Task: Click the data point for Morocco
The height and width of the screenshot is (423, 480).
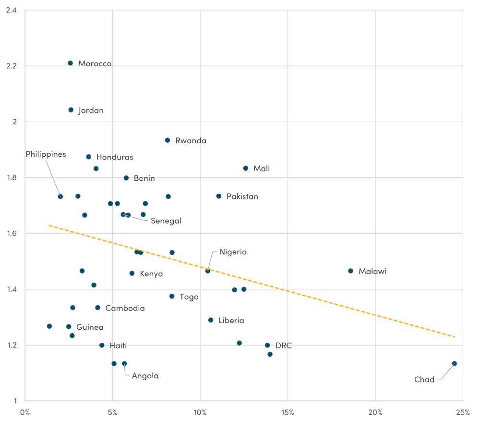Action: click(x=70, y=63)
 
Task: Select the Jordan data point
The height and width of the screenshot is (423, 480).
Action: click(x=71, y=110)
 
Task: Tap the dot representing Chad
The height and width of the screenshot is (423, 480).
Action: click(x=454, y=363)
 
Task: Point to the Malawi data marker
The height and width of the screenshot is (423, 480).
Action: click(x=350, y=271)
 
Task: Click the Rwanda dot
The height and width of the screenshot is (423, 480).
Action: click(x=168, y=140)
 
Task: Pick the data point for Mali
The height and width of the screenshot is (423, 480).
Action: click(x=246, y=168)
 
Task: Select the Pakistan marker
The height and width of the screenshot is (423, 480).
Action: click(x=219, y=196)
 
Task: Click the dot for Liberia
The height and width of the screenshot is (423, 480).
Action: click(x=211, y=320)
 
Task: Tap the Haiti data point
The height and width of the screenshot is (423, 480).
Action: click(x=102, y=345)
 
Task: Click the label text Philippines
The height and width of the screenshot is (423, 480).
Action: click(x=46, y=154)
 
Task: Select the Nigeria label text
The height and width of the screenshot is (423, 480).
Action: click(x=233, y=252)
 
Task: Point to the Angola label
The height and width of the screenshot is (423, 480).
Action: click(x=145, y=376)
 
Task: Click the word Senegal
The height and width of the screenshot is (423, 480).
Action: click(x=166, y=221)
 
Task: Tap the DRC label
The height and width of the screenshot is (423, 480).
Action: click(x=283, y=346)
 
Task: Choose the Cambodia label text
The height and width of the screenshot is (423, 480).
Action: click(x=125, y=308)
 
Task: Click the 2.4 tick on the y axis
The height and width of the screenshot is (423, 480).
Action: click(x=12, y=10)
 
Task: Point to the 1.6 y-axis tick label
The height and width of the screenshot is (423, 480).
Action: click(x=12, y=234)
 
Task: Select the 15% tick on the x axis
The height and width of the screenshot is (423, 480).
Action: click(x=288, y=412)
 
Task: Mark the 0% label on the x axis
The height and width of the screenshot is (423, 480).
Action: click(x=25, y=412)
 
